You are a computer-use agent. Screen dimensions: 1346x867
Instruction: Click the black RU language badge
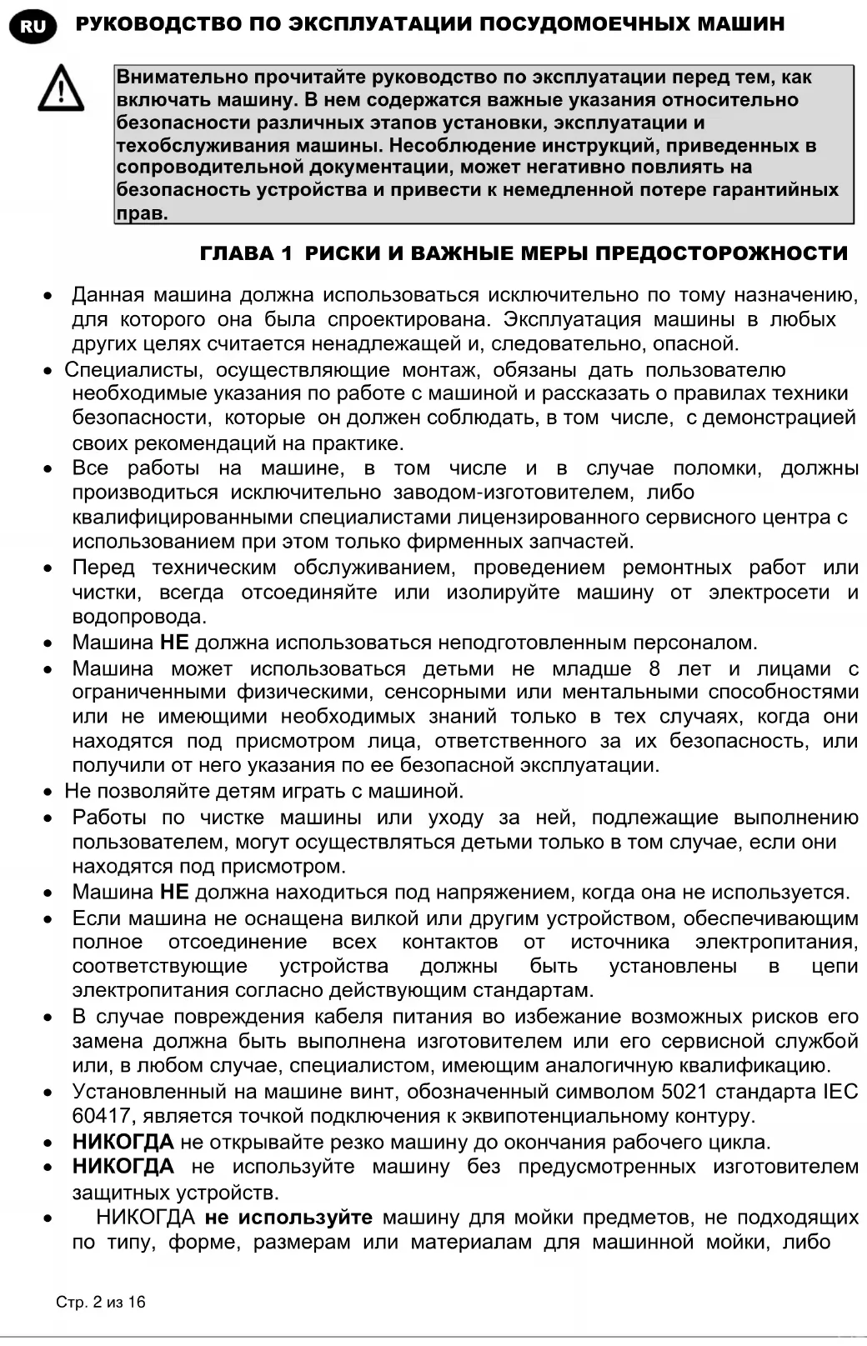[33, 26]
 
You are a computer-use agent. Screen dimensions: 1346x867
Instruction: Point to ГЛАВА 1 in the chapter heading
[246, 254]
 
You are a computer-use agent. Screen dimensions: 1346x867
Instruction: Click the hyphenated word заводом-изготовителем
[513, 493]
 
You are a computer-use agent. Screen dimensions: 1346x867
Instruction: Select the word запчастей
[587, 542]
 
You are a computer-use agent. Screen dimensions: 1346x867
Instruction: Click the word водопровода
[138, 617]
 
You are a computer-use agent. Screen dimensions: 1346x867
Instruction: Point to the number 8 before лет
[654, 668]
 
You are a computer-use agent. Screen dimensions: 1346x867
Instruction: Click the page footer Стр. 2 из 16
[100, 1302]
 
